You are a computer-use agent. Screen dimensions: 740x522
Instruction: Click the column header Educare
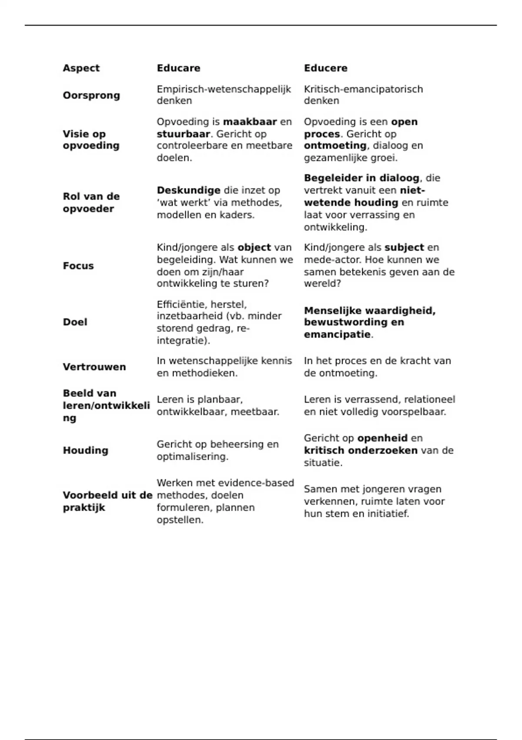tap(178, 68)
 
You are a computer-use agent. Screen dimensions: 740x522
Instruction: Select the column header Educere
tap(325, 68)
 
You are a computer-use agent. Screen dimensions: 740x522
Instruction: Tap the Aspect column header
tap(81, 68)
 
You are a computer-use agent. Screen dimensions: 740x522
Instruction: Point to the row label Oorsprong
tap(91, 95)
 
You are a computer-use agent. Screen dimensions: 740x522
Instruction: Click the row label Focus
tap(78, 266)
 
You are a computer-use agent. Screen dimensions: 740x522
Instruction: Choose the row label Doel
tap(75, 322)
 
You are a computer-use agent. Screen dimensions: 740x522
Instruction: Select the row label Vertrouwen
tap(94, 367)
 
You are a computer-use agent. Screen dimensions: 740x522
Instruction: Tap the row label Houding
tap(85, 450)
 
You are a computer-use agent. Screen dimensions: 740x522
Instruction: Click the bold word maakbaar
tap(250, 122)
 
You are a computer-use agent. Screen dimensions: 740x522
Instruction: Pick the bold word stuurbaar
tap(183, 134)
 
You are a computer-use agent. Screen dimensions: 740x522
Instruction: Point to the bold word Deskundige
tap(188, 190)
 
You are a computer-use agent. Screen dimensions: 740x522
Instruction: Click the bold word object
tap(254, 247)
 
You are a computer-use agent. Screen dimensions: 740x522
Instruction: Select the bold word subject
tap(404, 247)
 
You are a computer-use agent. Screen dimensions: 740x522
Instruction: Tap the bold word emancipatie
tap(337, 335)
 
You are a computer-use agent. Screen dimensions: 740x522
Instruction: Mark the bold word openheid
tap(382, 438)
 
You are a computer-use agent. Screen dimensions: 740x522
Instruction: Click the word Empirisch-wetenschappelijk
tap(224, 89)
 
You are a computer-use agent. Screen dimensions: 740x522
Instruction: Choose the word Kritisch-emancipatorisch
tap(363, 89)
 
